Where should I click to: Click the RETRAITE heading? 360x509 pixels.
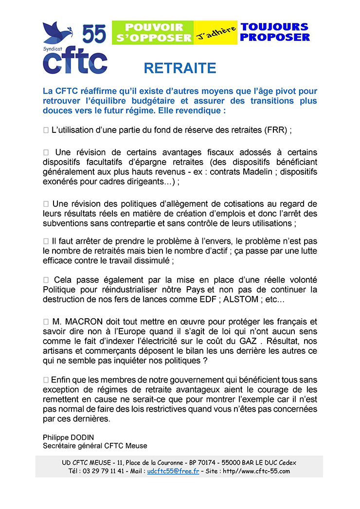[180, 68]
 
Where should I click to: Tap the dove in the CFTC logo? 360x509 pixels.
[56, 32]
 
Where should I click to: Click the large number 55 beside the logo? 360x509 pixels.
[94, 35]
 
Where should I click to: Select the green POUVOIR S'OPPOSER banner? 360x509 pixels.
[152, 32]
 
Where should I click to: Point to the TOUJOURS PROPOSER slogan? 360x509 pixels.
[275, 32]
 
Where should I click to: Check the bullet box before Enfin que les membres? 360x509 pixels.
[46, 379]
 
